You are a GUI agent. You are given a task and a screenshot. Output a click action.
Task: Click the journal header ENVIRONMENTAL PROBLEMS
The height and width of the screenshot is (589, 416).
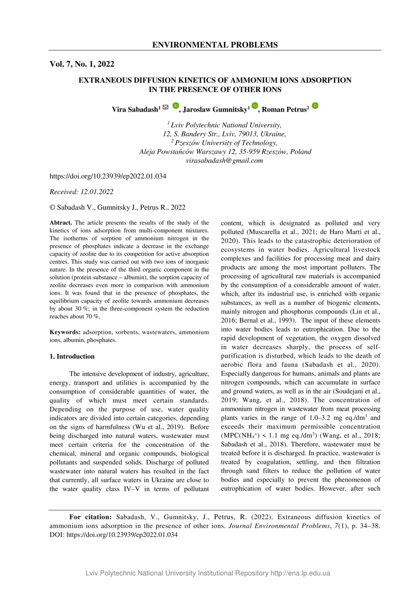pos(215,45)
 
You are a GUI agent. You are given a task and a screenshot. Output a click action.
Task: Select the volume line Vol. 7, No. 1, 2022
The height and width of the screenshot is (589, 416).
pos(82,64)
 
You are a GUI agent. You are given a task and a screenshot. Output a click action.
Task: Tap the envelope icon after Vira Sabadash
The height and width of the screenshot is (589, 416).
pos(165,107)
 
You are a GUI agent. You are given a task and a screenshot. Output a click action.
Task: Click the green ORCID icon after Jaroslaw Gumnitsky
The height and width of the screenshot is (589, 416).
pos(255,106)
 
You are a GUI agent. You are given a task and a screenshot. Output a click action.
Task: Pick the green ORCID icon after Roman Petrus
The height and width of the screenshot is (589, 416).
pos(315,106)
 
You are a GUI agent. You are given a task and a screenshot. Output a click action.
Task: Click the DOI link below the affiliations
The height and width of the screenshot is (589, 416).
pos(108,176)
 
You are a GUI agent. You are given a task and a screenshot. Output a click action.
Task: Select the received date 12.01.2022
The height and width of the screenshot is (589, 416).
pos(97,192)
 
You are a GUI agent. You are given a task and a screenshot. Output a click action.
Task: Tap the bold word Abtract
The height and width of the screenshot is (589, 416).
pos(61,222)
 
